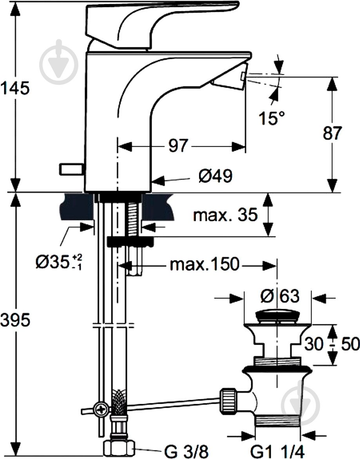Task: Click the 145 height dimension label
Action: click(x=15, y=89)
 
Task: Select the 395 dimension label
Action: click(x=15, y=320)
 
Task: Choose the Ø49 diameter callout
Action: click(x=215, y=176)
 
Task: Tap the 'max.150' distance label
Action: click(x=204, y=265)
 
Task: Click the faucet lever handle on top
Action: click(x=157, y=20)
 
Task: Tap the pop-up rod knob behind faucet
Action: click(x=72, y=169)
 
